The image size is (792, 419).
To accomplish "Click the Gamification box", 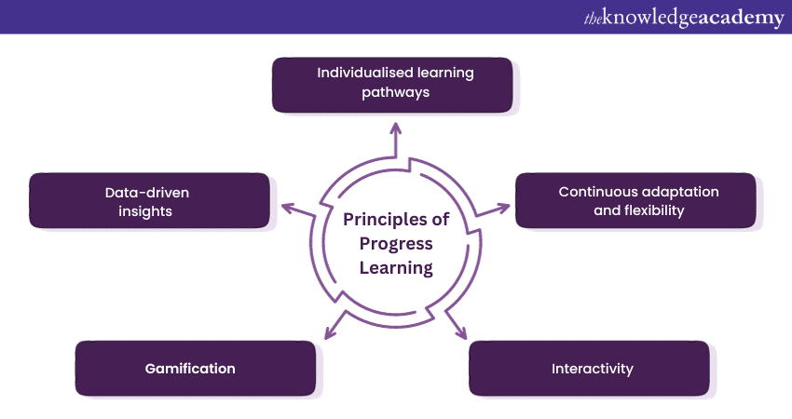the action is tap(196, 368).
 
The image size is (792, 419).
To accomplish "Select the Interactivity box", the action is tap(590, 368).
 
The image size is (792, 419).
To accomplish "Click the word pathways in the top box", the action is tap(395, 93).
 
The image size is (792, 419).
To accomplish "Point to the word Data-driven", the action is tap(147, 193).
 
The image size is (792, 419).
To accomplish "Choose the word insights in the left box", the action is tap(145, 211).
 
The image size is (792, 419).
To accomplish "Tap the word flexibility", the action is tap(654, 210).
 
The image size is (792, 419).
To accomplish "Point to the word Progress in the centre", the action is tap(396, 244).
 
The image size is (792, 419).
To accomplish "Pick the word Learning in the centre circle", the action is tap(396, 268).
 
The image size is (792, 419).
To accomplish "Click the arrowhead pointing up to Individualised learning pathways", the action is tap(396, 128).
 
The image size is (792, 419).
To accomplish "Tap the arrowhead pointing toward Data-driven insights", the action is tap(287, 208).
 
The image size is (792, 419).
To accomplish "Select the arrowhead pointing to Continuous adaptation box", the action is tap(503, 208).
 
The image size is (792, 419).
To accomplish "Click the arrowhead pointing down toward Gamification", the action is tap(330, 332).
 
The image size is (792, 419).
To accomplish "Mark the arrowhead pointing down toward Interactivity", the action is tap(461, 332).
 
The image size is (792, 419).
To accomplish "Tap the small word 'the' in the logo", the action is tap(593, 19).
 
